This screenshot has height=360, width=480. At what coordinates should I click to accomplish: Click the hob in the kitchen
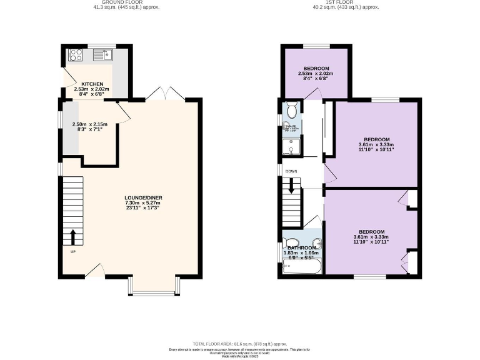click(x=76, y=54)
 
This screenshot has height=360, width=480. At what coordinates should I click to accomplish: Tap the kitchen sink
click(x=100, y=55)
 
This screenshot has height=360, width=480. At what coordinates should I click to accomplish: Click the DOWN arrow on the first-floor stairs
click(x=291, y=187)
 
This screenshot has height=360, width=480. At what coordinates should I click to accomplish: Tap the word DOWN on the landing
click(x=291, y=171)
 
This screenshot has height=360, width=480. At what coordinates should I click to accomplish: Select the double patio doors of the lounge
click(x=164, y=93)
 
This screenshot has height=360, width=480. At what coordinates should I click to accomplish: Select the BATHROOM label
click(x=301, y=248)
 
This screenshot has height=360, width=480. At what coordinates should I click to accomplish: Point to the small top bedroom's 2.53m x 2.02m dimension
click(x=316, y=74)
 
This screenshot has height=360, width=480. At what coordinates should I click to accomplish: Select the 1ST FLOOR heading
click(x=347, y=2)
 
